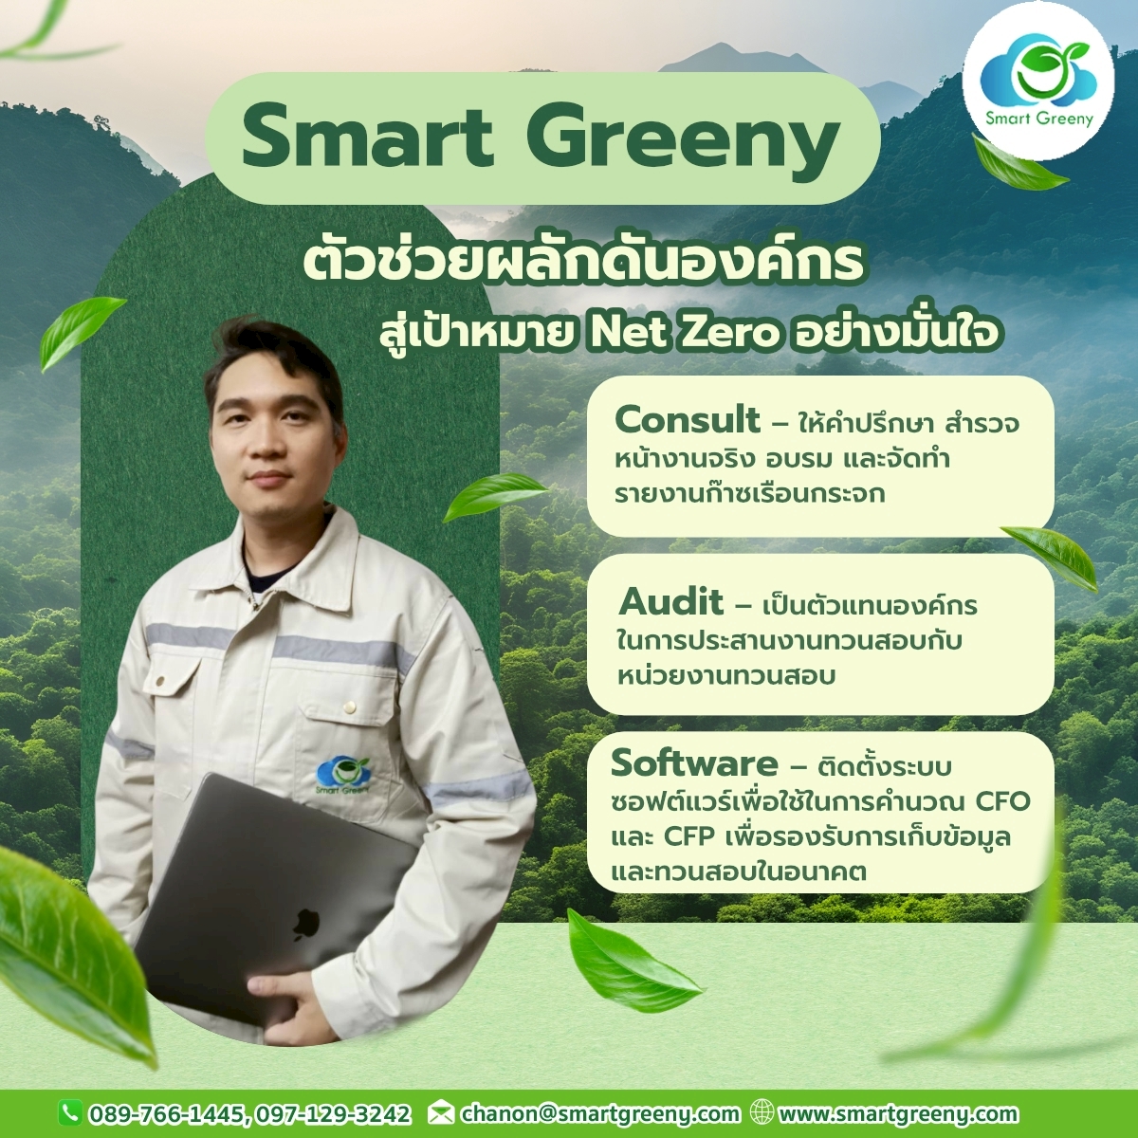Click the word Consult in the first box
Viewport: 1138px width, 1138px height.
(x=688, y=421)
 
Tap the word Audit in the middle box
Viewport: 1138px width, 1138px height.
(x=670, y=603)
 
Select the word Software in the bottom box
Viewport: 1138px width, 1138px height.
(x=694, y=763)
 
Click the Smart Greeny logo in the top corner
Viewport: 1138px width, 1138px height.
(x=1038, y=81)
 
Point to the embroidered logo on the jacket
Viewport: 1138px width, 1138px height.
(x=342, y=776)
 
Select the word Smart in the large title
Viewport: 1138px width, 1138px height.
(x=367, y=138)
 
